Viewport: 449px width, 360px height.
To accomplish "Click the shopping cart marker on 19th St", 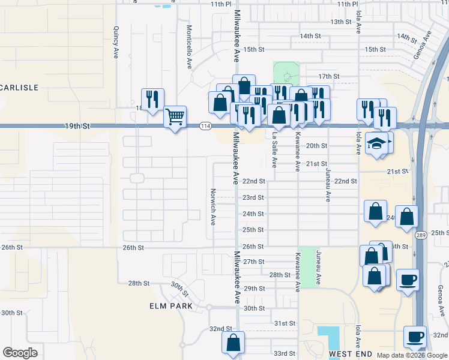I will (x=175, y=116).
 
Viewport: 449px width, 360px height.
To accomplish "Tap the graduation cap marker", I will (x=376, y=144).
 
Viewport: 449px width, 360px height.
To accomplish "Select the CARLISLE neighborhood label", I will (x=19, y=88).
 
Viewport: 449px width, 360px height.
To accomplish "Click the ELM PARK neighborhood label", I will (x=171, y=306).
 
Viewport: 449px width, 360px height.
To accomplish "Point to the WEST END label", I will (x=351, y=354).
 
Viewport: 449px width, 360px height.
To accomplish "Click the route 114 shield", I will (x=205, y=125).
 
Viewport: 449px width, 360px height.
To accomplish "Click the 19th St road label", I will (x=78, y=127).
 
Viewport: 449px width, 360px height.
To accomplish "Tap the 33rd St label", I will (x=285, y=353).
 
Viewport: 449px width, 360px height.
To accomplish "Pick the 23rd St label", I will (x=253, y=197).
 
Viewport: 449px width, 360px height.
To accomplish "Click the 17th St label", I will (x=329, y=76).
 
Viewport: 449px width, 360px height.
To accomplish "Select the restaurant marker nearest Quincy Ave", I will (x=152, y=99).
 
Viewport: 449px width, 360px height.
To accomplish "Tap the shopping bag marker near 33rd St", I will (x=233, y=343).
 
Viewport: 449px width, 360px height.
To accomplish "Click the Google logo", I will (x=20, y=353).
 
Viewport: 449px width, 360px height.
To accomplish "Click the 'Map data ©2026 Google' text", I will (x=412, y=355).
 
